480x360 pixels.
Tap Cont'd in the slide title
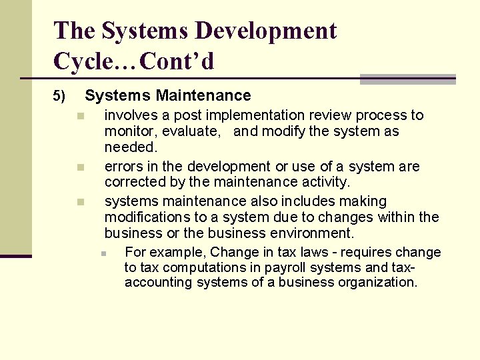[179, 61]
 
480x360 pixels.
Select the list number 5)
[59, 97]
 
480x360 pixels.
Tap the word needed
[130, 147]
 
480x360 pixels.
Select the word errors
[122, 167]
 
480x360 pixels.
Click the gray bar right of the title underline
[407, 79]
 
